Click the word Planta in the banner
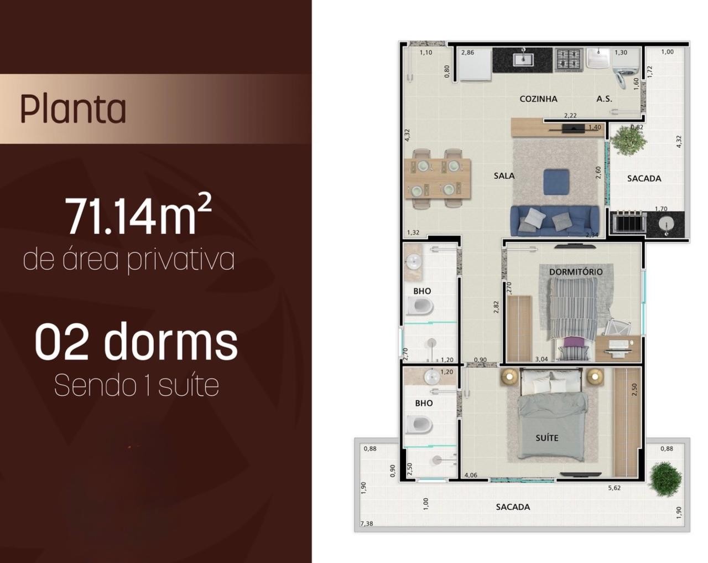pyautogui.click(x=73, y=109)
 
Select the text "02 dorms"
pyautogui.click(x=136, y=342)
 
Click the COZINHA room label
pyautogui.click(x=538, y=99)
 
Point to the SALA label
pyautogui.click(x=504, y=176)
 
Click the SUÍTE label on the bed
pyautogui.click(x=547, y=438)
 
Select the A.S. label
pyautogui.click(x=605, y=99)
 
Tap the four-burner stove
pyautogui.click(x=569, y=60)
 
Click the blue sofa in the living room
pyautogui.click(x=555, y=221)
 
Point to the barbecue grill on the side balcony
pyautogui.click(x=628, y=223)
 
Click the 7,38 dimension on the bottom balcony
pyautogui.click(x=367, y=524)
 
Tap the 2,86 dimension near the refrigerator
pyautogui.click(x=467, y=53)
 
